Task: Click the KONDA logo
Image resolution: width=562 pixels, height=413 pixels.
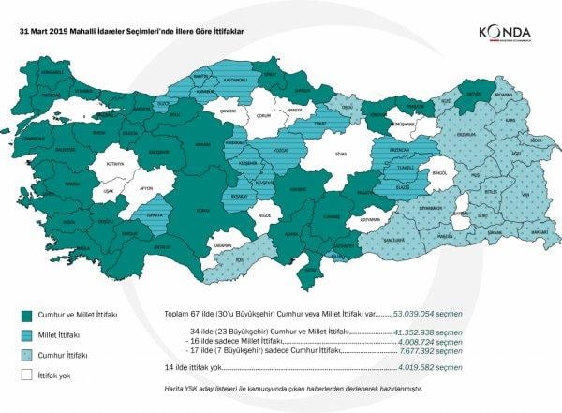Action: [506, 34]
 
